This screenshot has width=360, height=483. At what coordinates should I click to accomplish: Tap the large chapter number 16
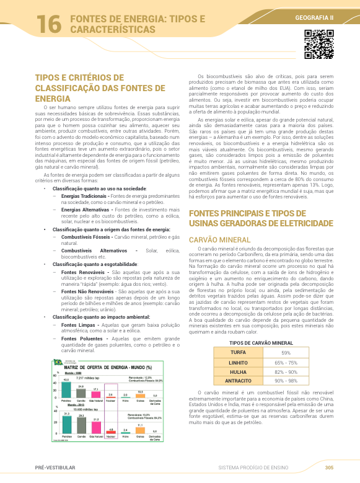48,24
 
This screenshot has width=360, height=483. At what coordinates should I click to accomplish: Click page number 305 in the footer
329,467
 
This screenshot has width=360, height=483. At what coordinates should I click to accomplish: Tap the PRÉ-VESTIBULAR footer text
53,467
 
